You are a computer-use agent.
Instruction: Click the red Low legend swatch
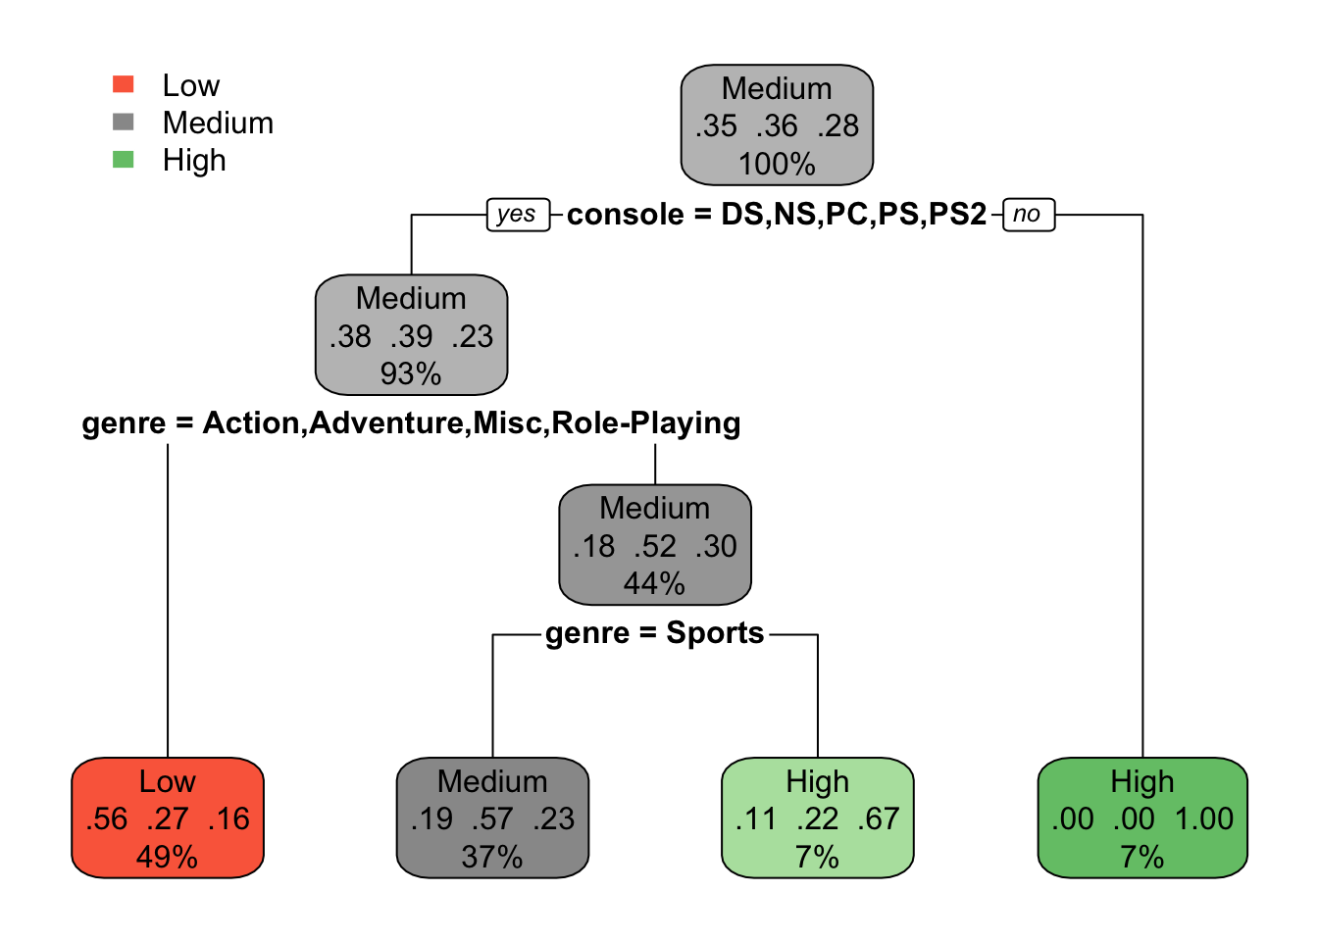124,84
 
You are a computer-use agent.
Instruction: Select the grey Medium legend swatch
124,122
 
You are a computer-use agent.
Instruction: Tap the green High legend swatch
124,159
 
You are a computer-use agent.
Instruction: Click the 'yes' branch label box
517,214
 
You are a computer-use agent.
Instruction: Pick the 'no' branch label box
1027,214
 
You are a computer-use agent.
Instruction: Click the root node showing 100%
777,125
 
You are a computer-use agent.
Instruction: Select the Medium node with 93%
411,335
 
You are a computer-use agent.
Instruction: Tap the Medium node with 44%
655,545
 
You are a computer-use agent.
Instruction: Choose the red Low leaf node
168,817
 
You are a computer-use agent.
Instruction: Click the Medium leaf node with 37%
492,817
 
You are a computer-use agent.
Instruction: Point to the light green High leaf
817,817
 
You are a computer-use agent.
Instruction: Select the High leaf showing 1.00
1142,817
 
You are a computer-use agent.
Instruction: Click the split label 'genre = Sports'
654,633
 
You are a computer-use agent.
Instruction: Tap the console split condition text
776,214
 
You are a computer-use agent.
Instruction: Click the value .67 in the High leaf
879,818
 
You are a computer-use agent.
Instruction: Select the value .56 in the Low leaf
106,818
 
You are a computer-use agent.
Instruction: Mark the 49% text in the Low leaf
167,857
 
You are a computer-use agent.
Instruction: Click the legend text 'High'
194,160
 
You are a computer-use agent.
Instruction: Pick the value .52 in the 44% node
655,546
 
